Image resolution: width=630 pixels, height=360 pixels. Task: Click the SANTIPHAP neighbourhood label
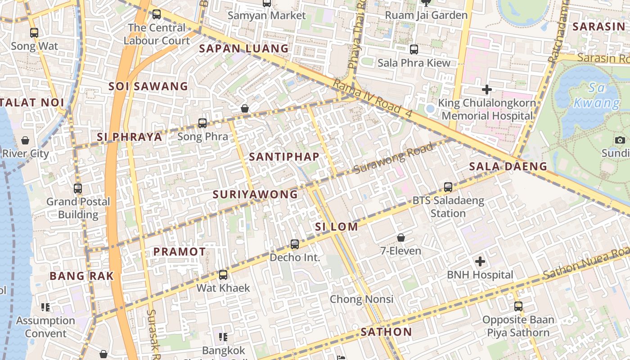[284, 157]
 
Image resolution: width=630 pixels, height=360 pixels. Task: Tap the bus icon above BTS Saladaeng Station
[448, 187]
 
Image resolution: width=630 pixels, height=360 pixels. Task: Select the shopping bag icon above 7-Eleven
[401, 237]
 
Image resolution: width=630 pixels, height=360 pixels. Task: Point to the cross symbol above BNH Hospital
[480, 261]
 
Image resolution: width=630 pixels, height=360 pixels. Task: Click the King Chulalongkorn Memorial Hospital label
[487, 109]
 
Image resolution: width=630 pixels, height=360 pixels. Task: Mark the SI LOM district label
[336, 227]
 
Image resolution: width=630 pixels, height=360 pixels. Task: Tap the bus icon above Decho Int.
[295, 244]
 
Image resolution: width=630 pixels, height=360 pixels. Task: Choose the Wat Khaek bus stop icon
[223, 274]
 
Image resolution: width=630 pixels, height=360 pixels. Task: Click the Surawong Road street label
[394, 158]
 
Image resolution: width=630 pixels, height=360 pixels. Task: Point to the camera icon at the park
[620, 140]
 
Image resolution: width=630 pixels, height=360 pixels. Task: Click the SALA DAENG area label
[508, 166]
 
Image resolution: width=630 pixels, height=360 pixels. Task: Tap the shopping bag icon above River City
[25, 140]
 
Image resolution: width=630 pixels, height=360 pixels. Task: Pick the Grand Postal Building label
[78, 207]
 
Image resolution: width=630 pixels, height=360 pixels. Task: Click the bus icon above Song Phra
[202, 123]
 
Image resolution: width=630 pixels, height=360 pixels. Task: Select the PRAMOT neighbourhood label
[180, 252]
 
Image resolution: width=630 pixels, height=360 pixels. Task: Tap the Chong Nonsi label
[361, 299]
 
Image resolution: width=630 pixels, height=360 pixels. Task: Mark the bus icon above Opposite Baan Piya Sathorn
[518, 306]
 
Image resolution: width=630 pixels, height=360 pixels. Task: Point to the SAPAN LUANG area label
[244, 49]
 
